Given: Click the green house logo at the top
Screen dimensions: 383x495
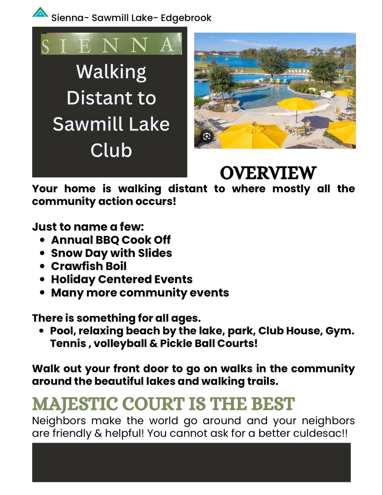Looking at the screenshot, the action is (40, 12).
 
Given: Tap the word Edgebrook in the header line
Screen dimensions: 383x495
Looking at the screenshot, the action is (186, 18).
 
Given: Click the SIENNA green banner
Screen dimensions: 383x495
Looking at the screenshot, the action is (111, 44).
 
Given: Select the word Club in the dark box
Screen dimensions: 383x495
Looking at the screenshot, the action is (111, 150).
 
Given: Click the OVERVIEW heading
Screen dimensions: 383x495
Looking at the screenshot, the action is (268, 173).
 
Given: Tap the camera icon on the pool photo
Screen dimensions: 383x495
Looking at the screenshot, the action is (207, 137).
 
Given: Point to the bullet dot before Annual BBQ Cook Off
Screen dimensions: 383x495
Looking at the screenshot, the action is (42, 240).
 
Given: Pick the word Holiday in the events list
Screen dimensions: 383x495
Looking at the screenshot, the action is (73, 280).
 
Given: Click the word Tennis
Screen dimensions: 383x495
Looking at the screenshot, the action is (68, 343).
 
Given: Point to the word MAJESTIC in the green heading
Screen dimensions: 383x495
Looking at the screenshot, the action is (75, 404).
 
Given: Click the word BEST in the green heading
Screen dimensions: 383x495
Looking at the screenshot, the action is (273, 404).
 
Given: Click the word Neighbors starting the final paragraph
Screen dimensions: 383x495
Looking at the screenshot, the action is (59, 420).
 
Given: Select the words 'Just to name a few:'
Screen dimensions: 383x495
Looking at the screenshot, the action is (88, 227).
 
